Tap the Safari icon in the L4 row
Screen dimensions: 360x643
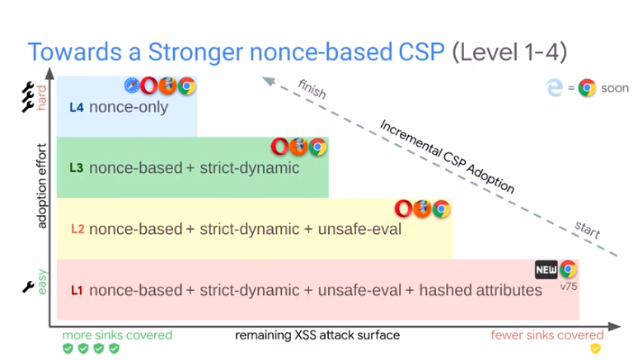pyautogui.click(x=133, y=85)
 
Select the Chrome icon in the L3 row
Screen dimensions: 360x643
pyautogui.click(x=317, y=147)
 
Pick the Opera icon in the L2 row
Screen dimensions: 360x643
pyautogui.click(x=403, y=208)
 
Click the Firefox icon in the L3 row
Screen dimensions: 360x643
pyautogui.click(x=298, y=147)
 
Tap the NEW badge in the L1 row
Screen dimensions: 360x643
pyautogui.click(x=546, y=269)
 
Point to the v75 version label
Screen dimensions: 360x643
pyautogui.click(x=568, y=287)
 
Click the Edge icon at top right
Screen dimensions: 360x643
pyautogui.click(x=555, y=87)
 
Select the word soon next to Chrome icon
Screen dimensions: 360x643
pyautogui.click(x=615, y=88)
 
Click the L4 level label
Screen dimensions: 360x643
pyautogui.click(x=76, y=107)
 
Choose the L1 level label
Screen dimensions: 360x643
pyautogui.click(x=77, y=290)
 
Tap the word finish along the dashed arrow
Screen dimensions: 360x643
pyautogui.click(x=312, y=89)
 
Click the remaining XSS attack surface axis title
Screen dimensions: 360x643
pyautogui.click(x=318, y=335)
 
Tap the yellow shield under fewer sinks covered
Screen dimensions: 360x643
pyautogui.click(x=595, y=348)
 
